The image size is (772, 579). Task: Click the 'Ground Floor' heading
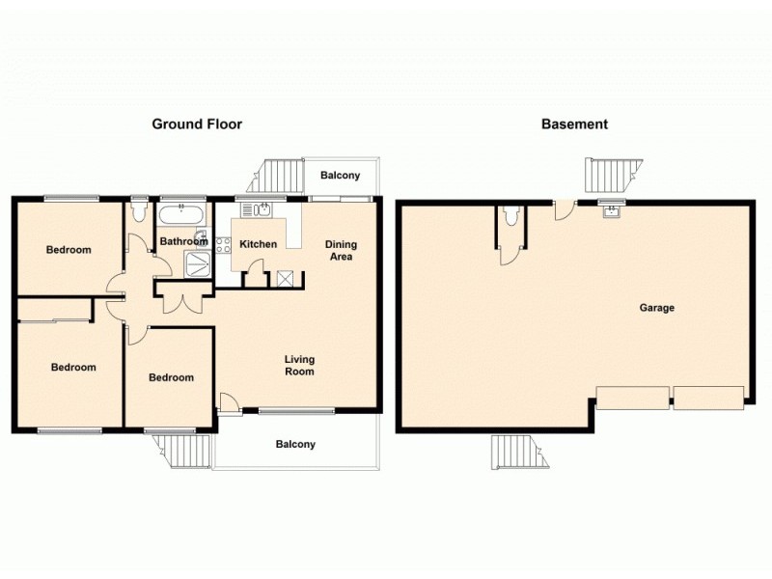[197, 124]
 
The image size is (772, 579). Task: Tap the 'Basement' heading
[574, 124]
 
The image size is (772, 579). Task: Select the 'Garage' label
[656, 308]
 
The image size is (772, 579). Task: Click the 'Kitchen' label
[258, 244]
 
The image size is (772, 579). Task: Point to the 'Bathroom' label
[183, 241]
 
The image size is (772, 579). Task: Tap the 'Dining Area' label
[339, 250]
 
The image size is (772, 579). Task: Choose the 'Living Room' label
[299, 365]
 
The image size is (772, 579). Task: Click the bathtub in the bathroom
[180, 213]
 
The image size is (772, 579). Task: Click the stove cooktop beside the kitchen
[223, 245]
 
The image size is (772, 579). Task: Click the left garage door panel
[632, 398]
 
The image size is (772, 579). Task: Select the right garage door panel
[708, 397]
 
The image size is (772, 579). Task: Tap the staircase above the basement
[610, 176]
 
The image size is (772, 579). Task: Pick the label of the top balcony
[340, 176]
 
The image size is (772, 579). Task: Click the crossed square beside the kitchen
[288, 278]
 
